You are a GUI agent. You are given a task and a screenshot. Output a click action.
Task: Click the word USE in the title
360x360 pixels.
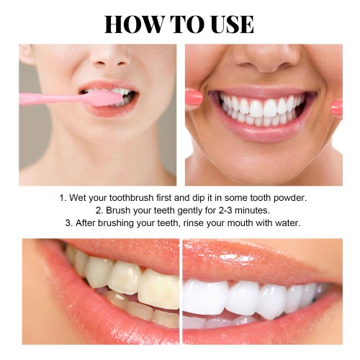pyautogui.click(x=232, y=24)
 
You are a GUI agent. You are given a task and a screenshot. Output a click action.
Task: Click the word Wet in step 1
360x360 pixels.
pyautogui.click(x=78, y=198)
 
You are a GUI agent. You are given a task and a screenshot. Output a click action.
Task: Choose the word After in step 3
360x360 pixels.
pyautogui.click(x=86, y=223)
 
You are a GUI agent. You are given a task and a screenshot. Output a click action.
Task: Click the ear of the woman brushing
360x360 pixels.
pyautogui.click(x=26, y=54)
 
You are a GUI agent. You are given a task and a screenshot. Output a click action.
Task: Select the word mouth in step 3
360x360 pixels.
pyautogui.click(x=240, y=223)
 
